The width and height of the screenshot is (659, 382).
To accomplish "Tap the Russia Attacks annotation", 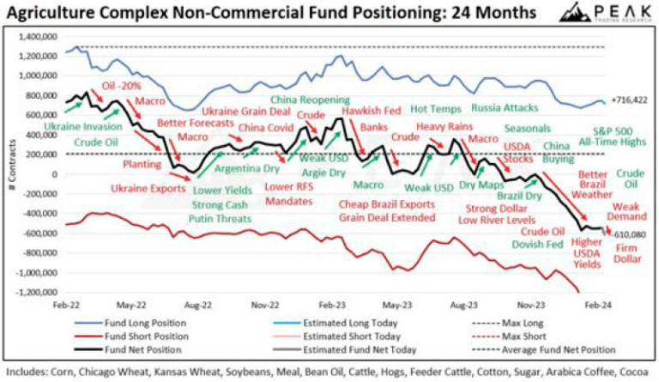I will pyautogui.click(x=505, y=108).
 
